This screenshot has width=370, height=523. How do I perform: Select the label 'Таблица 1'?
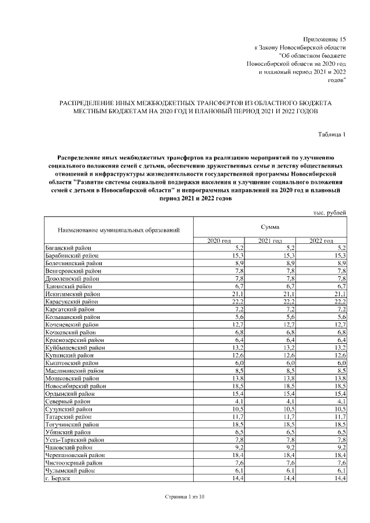332,135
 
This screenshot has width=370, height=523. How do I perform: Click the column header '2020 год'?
219,240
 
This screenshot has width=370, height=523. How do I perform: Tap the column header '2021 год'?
269,240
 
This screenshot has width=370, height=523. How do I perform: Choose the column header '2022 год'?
321,240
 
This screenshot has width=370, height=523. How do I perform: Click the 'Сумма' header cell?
269,228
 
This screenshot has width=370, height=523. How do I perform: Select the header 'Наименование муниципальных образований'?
119,231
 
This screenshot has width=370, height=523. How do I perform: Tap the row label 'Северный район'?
67,400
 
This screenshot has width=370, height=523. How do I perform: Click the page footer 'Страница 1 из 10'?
184,497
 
